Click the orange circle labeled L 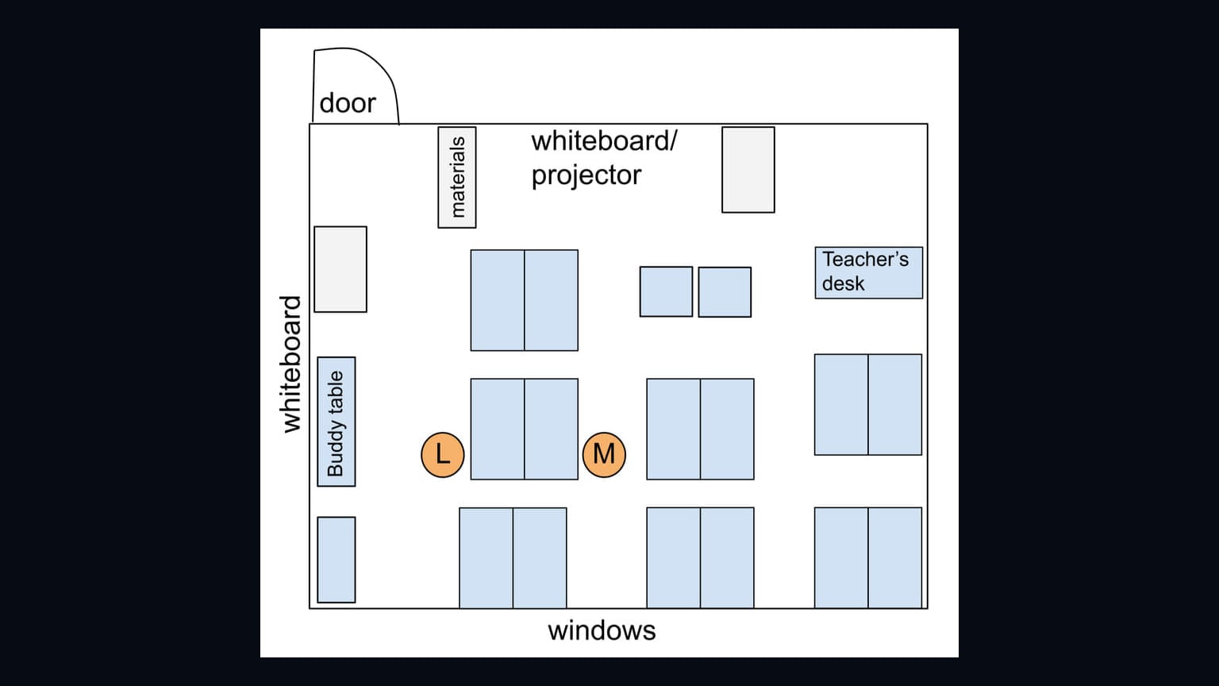click(x=442, y=455)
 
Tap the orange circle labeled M click(x=604, y=455)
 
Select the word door click(x=348, y=103)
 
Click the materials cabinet click(x=457, y=178)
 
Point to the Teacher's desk click(x=868, y=273)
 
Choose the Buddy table click(x=336, y=422)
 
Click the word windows click(x=602, y=630)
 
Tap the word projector click(x=586, y=175)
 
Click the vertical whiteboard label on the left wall click(x=290, y=364)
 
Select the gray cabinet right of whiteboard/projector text click(x=748, y=170)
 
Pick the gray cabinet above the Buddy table click(x=340, y=269)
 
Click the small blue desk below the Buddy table click(x=336, y=560)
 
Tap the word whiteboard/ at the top click(x=605, y=141)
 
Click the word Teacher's click(x=865, y=259)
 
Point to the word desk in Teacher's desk click(x=843, y=283)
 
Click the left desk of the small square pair click(x=666, y=292)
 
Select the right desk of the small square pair click(x=725, y=292)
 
